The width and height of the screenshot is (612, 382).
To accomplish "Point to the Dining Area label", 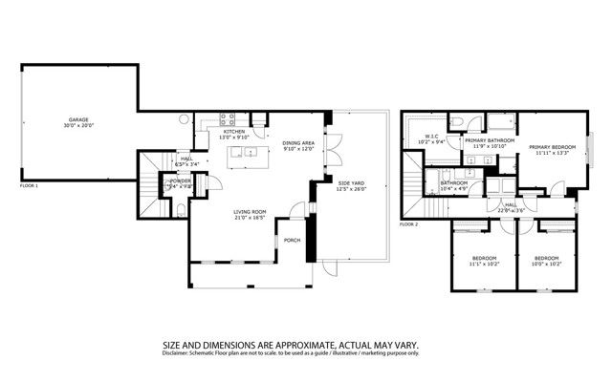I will coord(298,143).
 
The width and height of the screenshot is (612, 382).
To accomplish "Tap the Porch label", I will coord(293,240).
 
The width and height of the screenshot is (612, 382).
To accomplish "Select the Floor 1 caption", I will coord(30,185).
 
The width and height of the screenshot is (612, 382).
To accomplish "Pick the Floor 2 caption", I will coord(409,223).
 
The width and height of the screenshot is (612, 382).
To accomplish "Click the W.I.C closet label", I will coord(431,137).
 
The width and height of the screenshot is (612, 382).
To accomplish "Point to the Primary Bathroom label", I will coord(490,140).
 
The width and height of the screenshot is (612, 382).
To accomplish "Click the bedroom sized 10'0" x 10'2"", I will coord(547,258).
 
